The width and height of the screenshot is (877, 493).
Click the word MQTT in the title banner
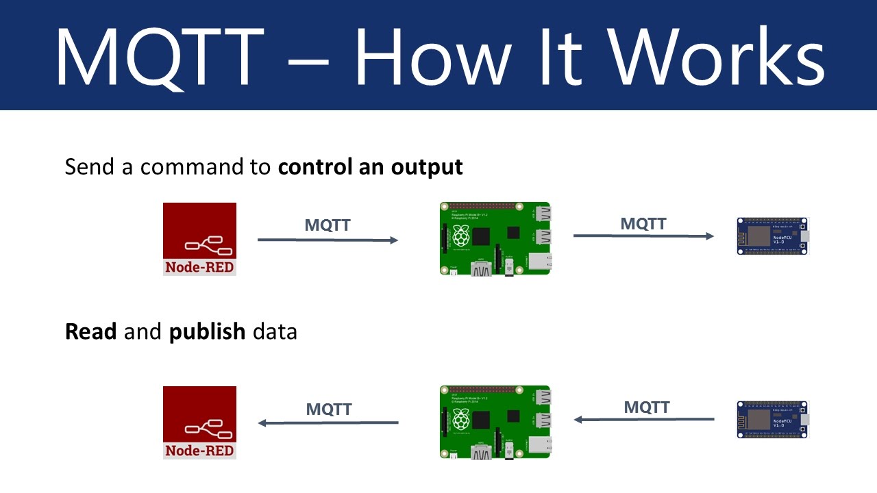point(159,56)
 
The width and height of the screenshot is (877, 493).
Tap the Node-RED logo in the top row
point(199,239)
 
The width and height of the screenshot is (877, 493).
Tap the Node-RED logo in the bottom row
point(199,422)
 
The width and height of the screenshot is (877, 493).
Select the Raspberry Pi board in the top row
point(495,238)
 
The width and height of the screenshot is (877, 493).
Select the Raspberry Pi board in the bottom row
point(495,422)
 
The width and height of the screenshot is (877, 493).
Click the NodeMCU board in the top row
point(773,236)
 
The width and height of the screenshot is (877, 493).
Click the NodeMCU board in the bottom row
point(773,420)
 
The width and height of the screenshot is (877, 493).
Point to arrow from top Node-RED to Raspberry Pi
point(328,240)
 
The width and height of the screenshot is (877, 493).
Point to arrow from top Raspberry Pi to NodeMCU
point(643,236)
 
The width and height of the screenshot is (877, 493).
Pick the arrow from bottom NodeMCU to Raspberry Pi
point(644,420)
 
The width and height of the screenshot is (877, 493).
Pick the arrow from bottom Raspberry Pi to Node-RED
point(328,422)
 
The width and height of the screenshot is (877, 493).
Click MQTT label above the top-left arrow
point(328,225)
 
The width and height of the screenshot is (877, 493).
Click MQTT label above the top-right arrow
point(643,223)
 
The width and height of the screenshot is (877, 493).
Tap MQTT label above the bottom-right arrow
point(646,407)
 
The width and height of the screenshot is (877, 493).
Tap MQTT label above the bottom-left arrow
point(329,409)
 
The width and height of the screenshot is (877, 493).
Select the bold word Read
point(91,331)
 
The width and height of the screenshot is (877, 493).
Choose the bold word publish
point(208,332)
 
